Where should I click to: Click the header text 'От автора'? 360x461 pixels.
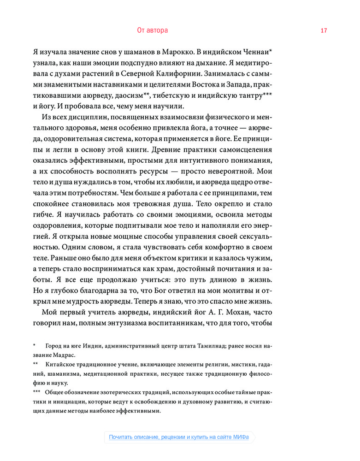pyautogui.click(x=153, y=30)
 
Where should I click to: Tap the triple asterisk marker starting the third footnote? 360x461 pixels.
pyautogui.click(x=36, y=393)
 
